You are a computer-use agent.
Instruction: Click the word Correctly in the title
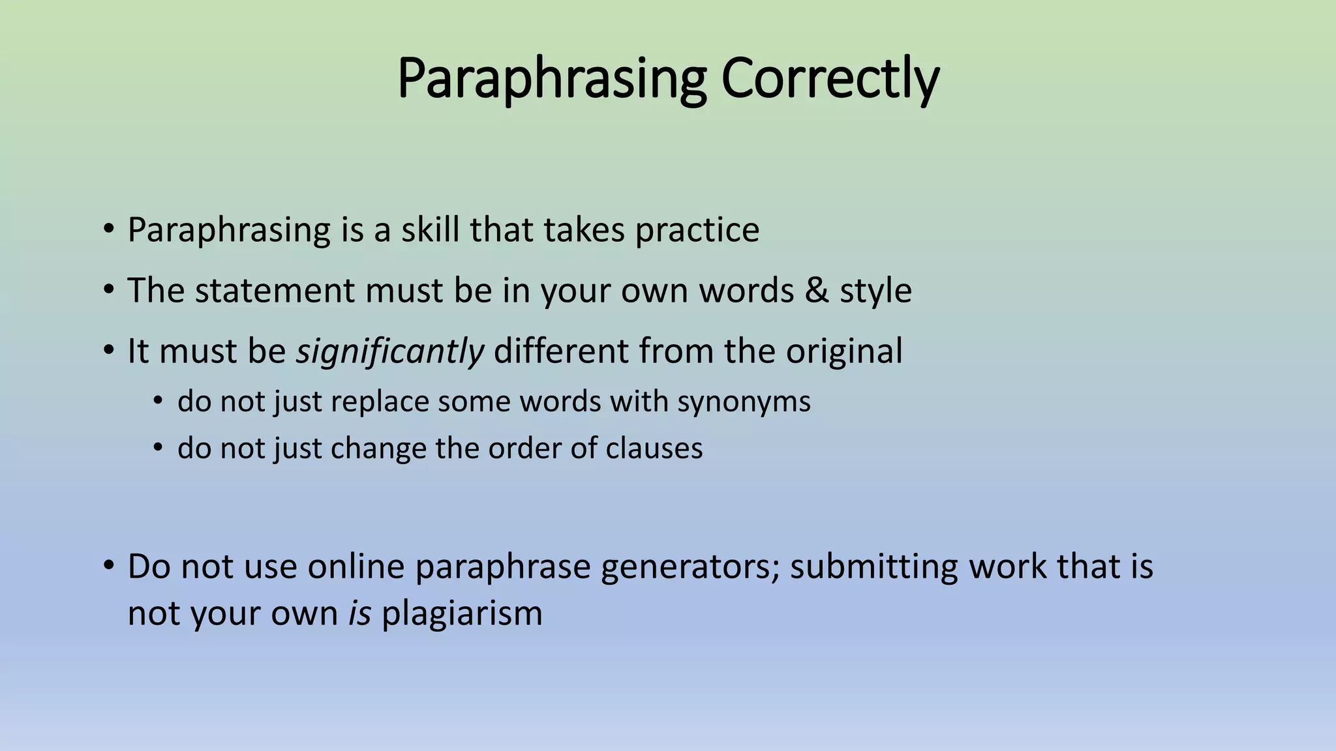click(830, 78)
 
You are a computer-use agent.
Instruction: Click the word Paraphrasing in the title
click(551, 78)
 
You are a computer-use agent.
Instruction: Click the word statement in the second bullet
click(274, 291)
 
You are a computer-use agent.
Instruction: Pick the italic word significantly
click(390, 352)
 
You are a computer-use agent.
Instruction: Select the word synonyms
click(744, 402)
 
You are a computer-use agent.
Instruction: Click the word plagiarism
click(462, 614)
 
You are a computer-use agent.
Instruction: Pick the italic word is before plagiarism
click(359, 614)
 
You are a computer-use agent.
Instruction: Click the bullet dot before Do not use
click(108, 565)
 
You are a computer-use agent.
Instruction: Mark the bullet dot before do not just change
click(157, 448)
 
